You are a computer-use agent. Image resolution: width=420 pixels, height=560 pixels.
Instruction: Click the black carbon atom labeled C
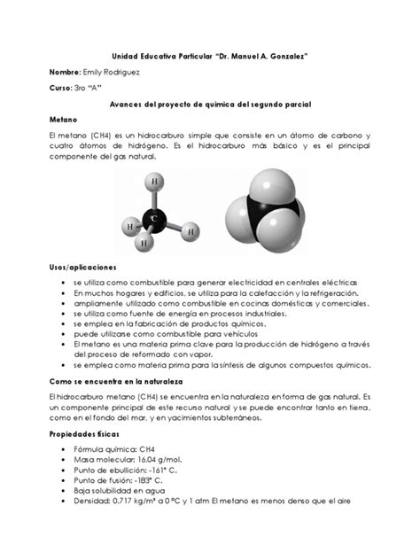(155, 216)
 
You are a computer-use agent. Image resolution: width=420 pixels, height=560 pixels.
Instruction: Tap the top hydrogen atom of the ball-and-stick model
(156, 182)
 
